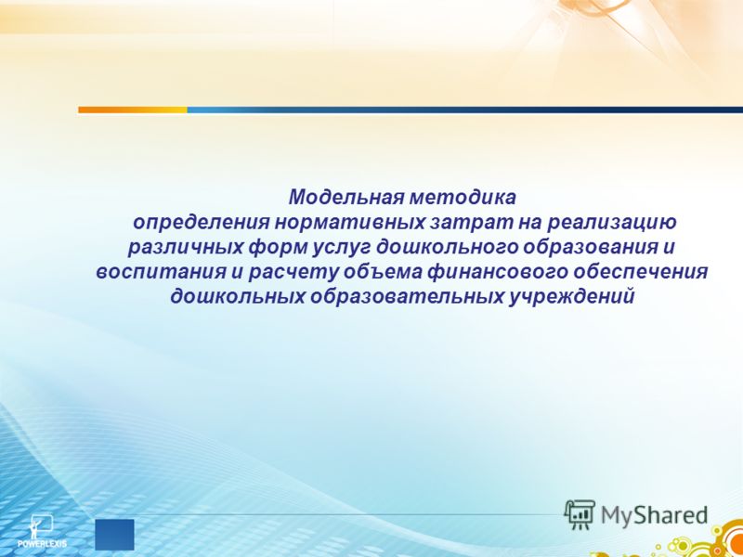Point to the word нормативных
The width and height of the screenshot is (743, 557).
350,223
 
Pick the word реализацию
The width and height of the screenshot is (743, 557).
612,223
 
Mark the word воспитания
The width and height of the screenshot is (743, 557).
161,273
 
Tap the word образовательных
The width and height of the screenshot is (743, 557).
407,297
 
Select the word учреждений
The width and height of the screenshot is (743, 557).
571,297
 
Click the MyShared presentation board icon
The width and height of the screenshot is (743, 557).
579,514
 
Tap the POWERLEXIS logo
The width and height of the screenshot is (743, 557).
41,531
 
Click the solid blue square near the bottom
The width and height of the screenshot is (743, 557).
114,535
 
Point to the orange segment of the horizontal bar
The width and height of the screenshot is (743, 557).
133,110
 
